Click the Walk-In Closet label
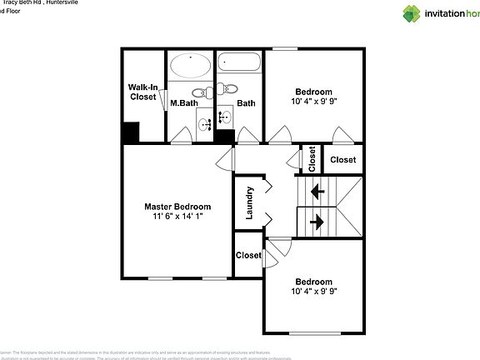(x=142, y=92)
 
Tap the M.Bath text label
(x=182, y=103)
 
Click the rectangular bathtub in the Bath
(x=238, y=63)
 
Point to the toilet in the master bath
(x=199, y=93)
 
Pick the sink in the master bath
(x=205, y=125)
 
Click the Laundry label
(x=249, y=202)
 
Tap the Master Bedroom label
(x=177, y=207)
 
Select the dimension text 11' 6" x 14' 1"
(x=177, y=217)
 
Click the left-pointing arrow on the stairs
(x=317, y=191)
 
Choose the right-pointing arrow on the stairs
(x=317, y=222)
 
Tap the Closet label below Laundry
(x=248, y=256)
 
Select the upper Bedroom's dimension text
(x=313, y=102)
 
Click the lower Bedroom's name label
(x=313, y=282)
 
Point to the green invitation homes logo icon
(x=412, y=12)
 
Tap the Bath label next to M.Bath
(x=246, y=103)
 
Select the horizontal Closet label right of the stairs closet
(x=342, y=159)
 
